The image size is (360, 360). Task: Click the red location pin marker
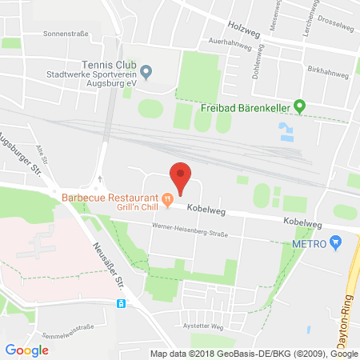click(x=182, y=177)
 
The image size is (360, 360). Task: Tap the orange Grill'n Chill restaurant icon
click(x=167, y=198)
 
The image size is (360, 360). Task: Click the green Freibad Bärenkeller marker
click(x=299, y=105)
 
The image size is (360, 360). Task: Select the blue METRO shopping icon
click(x=335, y=242)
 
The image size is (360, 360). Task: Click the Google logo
click(x=26, y=350)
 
